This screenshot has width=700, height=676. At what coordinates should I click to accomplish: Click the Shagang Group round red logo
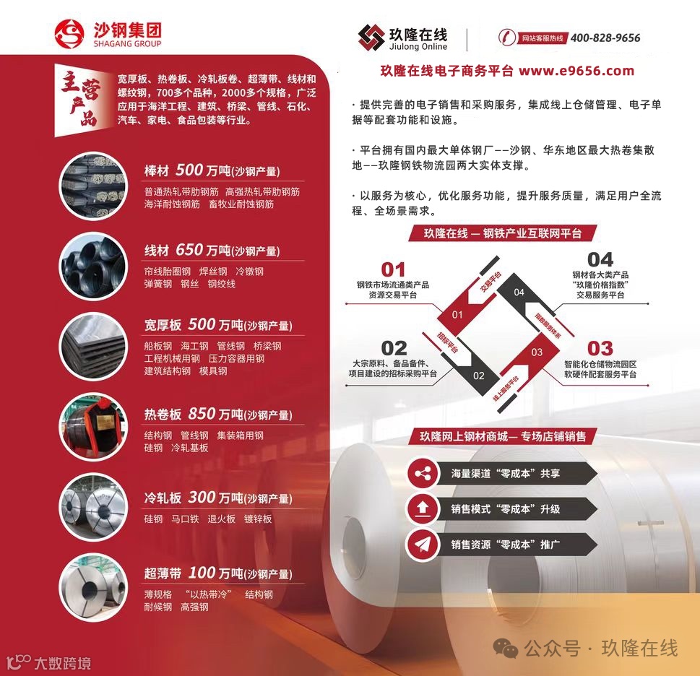[x=69, y=34]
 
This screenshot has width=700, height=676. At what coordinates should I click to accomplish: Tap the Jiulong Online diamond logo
[x=371, y=38]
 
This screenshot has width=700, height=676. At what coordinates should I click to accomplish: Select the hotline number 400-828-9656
[x=605, y=38]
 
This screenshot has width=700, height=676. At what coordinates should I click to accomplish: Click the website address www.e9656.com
[x=576, y=71]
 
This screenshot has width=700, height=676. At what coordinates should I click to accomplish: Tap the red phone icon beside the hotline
[x=507, y=37]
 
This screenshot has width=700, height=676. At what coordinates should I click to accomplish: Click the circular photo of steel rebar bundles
[x=93, y=186]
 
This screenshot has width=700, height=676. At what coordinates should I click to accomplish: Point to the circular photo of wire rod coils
[x=93, y=266]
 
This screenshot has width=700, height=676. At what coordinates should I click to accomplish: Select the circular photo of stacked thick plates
[x=93, y=346]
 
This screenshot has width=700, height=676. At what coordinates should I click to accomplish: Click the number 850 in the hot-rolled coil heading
[x=202, y=414]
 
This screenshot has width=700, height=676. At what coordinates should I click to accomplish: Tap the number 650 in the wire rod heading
[x=189, y=250]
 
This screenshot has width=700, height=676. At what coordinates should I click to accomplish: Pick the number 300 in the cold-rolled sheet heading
[x=202, y=497]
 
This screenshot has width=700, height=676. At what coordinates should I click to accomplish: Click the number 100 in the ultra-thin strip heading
[x=202, y=573]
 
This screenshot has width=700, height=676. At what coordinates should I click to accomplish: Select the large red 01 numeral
[x=393, y=269]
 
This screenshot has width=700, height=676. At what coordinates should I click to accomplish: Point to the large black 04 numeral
[x=600, y=260]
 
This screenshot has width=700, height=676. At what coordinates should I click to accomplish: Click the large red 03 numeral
[x=600, y=349]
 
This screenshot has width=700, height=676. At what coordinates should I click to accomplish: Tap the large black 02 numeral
[x=394, y=349]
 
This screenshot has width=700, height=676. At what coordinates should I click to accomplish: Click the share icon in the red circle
[x=423, y=474]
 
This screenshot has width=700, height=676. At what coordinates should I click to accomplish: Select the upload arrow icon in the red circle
[x=423, y=508]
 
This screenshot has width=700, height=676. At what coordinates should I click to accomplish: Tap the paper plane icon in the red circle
[x=423, y=545]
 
